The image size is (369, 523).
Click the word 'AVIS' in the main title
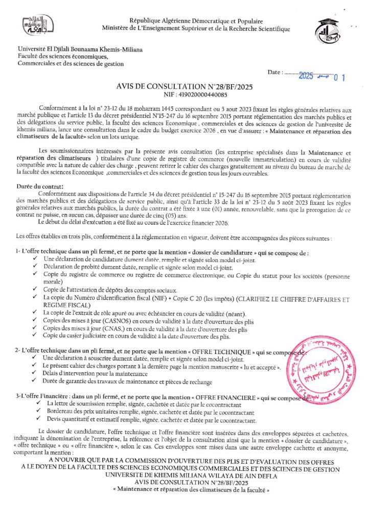tap(129, 87)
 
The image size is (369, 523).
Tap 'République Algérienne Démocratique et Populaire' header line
tap(196, 21)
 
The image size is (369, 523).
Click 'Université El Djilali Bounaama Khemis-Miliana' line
tap(80, 50)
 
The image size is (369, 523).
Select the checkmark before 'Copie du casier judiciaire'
tap(34, 336)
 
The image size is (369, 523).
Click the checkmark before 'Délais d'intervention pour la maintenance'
tap(34, 374)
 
